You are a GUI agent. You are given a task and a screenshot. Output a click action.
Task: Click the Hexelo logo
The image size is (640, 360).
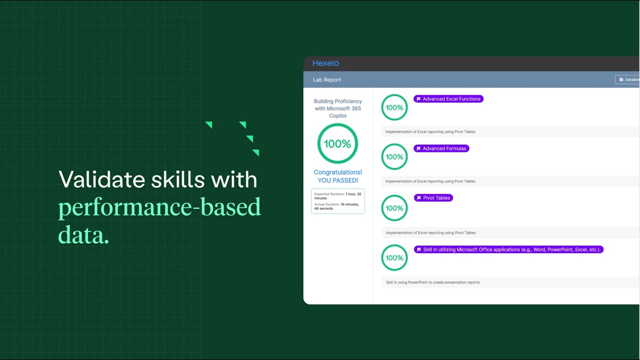tap(325, 63)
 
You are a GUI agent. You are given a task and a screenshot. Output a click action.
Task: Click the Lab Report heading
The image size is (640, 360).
tap(327, 80)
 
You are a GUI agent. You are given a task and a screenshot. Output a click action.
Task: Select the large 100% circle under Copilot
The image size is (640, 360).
tap(337, 143)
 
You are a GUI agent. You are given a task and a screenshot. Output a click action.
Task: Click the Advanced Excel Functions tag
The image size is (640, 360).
tap(448, 99)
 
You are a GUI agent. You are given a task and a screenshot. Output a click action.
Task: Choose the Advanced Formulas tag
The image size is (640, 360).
tap(441, 148)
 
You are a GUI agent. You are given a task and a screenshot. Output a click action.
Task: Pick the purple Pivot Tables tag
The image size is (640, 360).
tap(433, 198)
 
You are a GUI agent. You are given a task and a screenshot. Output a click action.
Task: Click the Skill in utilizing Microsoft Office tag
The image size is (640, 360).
tap(508, 249)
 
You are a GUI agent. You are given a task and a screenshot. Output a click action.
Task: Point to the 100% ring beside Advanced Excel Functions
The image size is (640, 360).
tap(394, 107)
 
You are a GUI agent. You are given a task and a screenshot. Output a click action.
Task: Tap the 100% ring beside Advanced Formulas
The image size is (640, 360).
tap(394, 157)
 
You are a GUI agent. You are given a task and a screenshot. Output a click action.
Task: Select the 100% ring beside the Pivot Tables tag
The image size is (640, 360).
tap(394, 208)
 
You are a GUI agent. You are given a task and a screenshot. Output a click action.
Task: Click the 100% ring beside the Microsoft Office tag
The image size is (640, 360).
tap(394, 258)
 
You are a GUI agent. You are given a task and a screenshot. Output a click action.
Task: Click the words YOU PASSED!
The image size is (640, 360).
tap(338, 180)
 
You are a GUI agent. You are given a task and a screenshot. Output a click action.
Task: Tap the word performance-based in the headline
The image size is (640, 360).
tap(159, 207)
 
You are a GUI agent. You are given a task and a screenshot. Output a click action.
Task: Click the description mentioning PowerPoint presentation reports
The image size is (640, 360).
tap(433, 282)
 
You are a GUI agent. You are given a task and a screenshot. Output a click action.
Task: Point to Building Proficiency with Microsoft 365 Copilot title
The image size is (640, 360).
tap(338, 108)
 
